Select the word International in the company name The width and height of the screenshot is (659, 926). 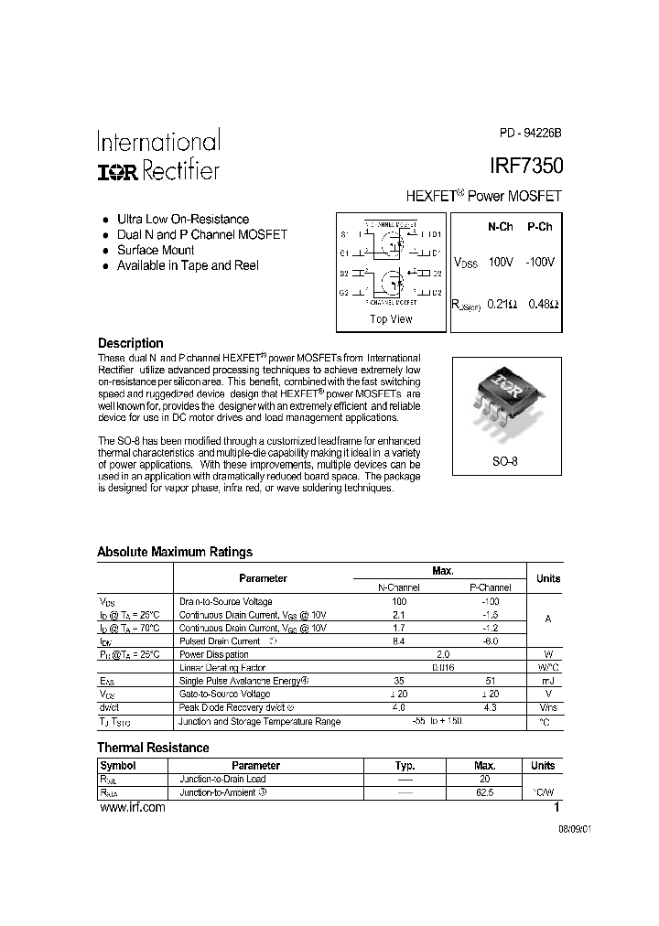158,142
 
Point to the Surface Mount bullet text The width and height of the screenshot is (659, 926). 156,250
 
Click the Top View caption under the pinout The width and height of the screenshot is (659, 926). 391,319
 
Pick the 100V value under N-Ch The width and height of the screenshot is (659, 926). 501,262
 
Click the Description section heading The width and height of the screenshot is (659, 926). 130,343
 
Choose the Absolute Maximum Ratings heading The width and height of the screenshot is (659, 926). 175,552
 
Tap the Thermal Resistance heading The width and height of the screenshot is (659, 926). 153,748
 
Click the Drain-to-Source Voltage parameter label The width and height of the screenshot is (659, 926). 225,601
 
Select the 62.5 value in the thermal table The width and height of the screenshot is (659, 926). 484,792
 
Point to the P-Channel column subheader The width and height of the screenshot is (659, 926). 490,587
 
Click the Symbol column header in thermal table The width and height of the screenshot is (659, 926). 117,765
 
